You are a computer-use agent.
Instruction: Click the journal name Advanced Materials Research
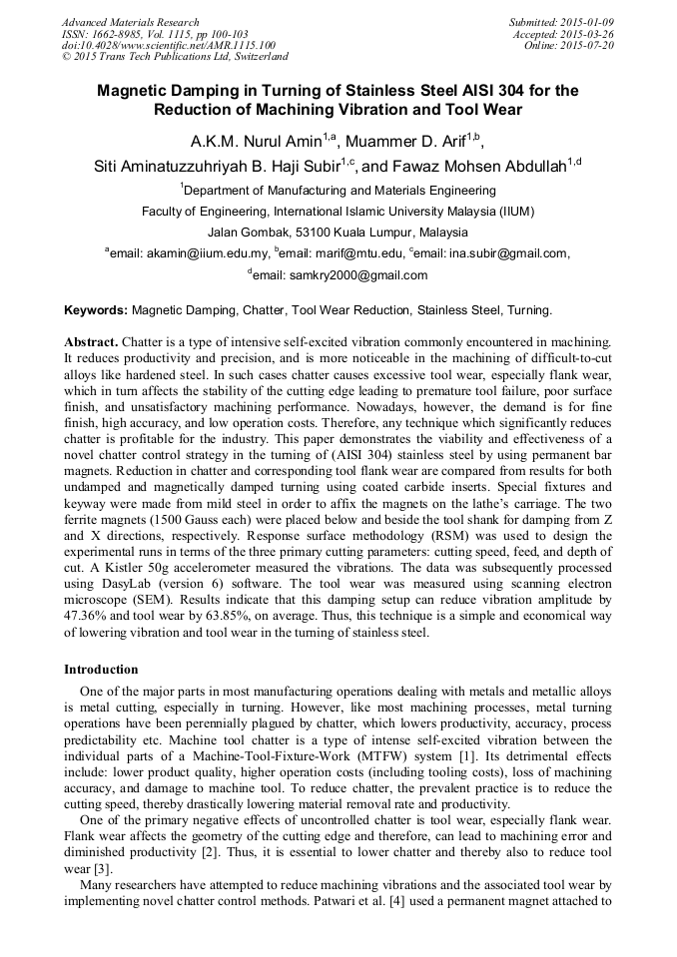pyautogui.click(x=130, y=22)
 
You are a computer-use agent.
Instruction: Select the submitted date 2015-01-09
pyautogui.click(x=588, y=22)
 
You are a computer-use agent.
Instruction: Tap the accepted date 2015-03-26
pyautogui.click(x=588, y=33)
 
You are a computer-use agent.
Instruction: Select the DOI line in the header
pyautogui.click(x=168, y=44)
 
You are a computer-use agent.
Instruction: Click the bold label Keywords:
pyautogui.click(x=96, y=310)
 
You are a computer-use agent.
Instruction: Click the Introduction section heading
pyautogui.click(x=101, y=669)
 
